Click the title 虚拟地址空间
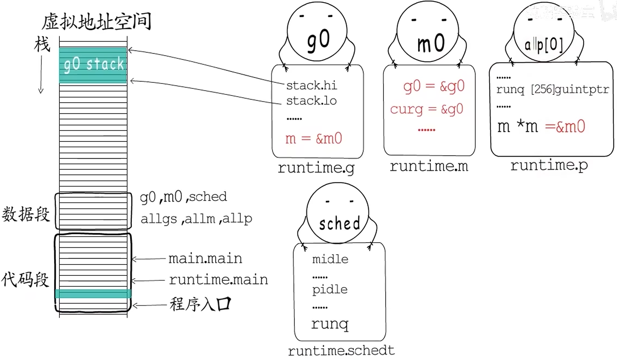point(96,22)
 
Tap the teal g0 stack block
point(93,65)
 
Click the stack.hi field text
point(311,86)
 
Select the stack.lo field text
point(311,101)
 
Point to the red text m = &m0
point(314,139)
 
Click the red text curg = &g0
point(427,109)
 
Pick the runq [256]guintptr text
point(552,90)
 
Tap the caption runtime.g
point(316,168)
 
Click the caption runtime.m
point(429,166)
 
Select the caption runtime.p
point(549,165)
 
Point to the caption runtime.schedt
point(341,351)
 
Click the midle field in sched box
point(330,259)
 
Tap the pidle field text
point(330,290)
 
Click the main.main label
point(205,258)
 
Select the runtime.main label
point(218,279)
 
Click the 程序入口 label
point(200,304)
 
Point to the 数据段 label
point(25,214)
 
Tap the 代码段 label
point(25,279)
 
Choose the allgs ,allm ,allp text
point(196,219)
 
